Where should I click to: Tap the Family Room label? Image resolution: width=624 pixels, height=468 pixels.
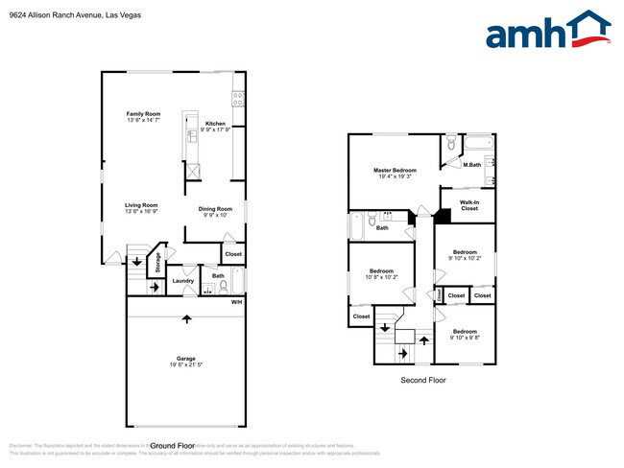(x=143, y=114)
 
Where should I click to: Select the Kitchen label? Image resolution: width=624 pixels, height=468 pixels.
(x=215, y=124)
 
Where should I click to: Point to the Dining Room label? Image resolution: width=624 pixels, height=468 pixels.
(x=216, y=209)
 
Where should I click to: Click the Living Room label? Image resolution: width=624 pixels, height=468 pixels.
(x=140, y=205)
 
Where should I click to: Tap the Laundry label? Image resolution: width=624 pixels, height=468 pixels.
(x=183, y=281)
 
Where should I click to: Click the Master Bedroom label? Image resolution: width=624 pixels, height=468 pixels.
(x=395, y=170)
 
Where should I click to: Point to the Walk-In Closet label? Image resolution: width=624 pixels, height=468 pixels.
(x=469, y=205)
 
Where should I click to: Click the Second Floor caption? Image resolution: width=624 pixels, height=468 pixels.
(x=422, y=381)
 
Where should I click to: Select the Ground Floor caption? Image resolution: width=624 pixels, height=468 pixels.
(x=173, y=446)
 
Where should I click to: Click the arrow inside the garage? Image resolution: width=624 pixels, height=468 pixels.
(x=187, y=319)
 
